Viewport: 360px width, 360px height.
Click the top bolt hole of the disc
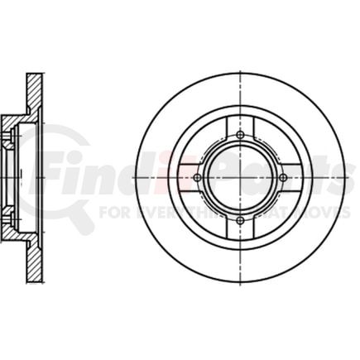coord(240,135)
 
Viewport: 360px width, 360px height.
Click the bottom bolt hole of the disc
coord(240,219)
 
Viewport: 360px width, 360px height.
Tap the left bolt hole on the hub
coord(198,177)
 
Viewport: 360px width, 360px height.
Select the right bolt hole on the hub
coord(282,177)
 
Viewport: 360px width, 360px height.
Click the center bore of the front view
coord(240,177)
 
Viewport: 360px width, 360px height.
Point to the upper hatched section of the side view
coord(34,91)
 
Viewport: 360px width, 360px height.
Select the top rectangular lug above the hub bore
coord(240,123)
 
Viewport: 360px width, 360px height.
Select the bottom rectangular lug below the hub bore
coord(240,231)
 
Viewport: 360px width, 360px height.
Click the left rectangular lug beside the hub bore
coord(186,177)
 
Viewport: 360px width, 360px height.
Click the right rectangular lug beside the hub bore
coord(294,177)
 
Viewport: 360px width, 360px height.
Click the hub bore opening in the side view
coord(10,177)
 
